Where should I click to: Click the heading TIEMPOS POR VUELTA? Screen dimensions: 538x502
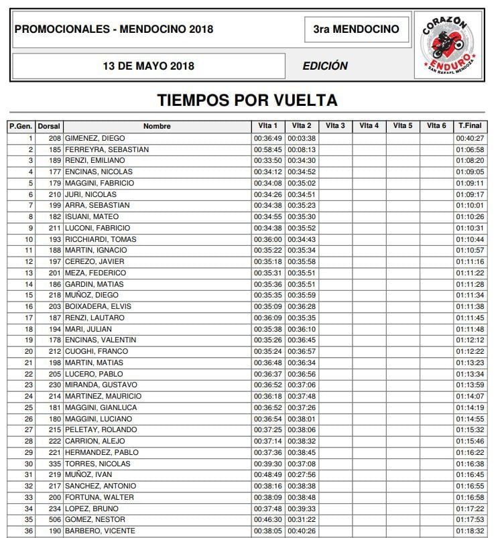(x=247, y=100)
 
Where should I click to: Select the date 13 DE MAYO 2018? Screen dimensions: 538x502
(x=148, y=66)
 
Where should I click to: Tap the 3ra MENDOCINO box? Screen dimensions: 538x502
(x=356, y=29)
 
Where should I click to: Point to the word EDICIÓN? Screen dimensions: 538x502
(x=325, y=66)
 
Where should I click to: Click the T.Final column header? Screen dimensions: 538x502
(x=469, y=126)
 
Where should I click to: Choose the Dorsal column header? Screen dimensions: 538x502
(x=49, y=126)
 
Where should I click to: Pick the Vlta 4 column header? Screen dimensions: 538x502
(x=369, y=126)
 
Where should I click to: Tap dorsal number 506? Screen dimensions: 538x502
(x=55, y=519)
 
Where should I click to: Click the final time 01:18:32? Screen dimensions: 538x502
(x=470, y=531)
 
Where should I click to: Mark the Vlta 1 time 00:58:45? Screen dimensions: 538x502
(x=267, y=149)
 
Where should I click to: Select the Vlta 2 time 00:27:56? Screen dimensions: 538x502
(x=302, y=474)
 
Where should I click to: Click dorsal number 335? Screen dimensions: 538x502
(x=55, y=463)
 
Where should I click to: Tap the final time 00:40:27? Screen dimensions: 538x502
(x=470, y=138)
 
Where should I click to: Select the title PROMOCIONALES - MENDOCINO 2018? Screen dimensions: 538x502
(x=114, y=29)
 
